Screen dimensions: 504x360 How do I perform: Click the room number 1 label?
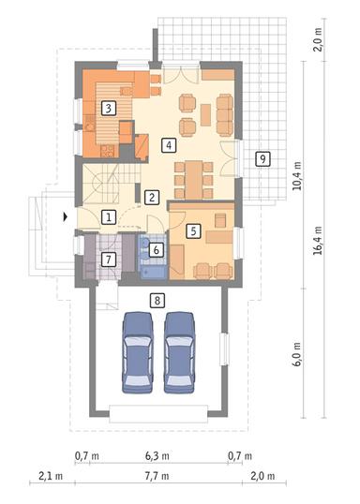[x=109, y=217]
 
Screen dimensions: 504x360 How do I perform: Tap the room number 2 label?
[x=151, y=197]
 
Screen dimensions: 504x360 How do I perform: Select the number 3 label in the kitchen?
[x=109, y=108]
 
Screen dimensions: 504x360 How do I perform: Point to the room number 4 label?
[x=167, y=145]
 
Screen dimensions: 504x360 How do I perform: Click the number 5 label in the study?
[x=192, y=229]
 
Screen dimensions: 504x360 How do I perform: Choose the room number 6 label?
[x=157, y=249]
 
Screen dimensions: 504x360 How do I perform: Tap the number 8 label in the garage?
[x=157, y=301]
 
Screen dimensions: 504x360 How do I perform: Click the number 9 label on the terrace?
[x=263, y=158]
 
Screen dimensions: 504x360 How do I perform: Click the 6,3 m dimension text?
[x=157, y=456]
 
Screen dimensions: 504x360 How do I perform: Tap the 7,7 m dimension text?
[x=157, y=477]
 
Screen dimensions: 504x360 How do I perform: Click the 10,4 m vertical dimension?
[x=297, y=173]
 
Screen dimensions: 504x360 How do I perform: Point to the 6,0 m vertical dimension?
[x=297, y=360]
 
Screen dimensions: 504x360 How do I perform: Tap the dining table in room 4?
[x=194, y=172]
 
